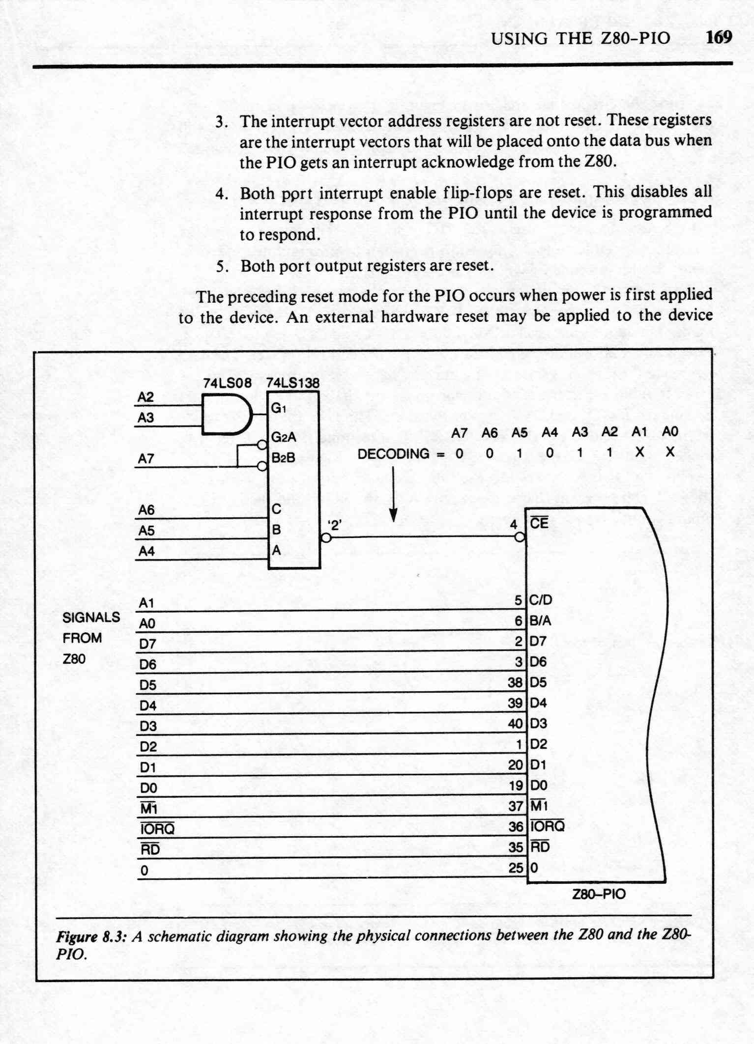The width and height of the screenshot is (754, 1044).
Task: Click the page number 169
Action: coord(719,37)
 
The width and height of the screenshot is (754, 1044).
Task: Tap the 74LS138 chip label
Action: coord(292,383)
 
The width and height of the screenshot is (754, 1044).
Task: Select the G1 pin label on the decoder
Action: coord(279,408)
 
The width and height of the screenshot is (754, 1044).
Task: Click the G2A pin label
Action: coord(284,437)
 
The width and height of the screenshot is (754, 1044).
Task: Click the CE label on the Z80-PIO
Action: coord(539,523)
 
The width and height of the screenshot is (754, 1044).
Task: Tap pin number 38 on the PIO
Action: coord(515,682)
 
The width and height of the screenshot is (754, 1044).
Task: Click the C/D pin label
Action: coord(541,600)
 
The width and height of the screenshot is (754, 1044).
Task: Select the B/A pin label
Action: coord(540,621)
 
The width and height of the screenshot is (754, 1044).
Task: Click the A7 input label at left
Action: coord(146,459)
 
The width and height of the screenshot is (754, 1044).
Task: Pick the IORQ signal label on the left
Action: coord(157,829)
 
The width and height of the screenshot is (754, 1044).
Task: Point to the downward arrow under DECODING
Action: coord(393,494)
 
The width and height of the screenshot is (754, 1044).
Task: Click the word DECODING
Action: coord(393,453)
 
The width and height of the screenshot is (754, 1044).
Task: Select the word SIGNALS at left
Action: coord(91,617)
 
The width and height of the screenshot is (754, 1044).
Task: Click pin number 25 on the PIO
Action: coord(516,868)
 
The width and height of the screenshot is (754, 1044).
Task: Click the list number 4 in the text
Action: coord(221,194)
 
